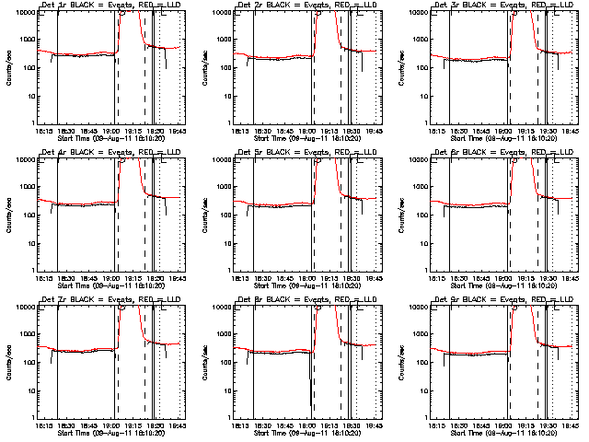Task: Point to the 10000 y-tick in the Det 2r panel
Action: [221, 12]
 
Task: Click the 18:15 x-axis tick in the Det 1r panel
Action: [44, 130]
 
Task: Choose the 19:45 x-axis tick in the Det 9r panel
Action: [569, 425]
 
